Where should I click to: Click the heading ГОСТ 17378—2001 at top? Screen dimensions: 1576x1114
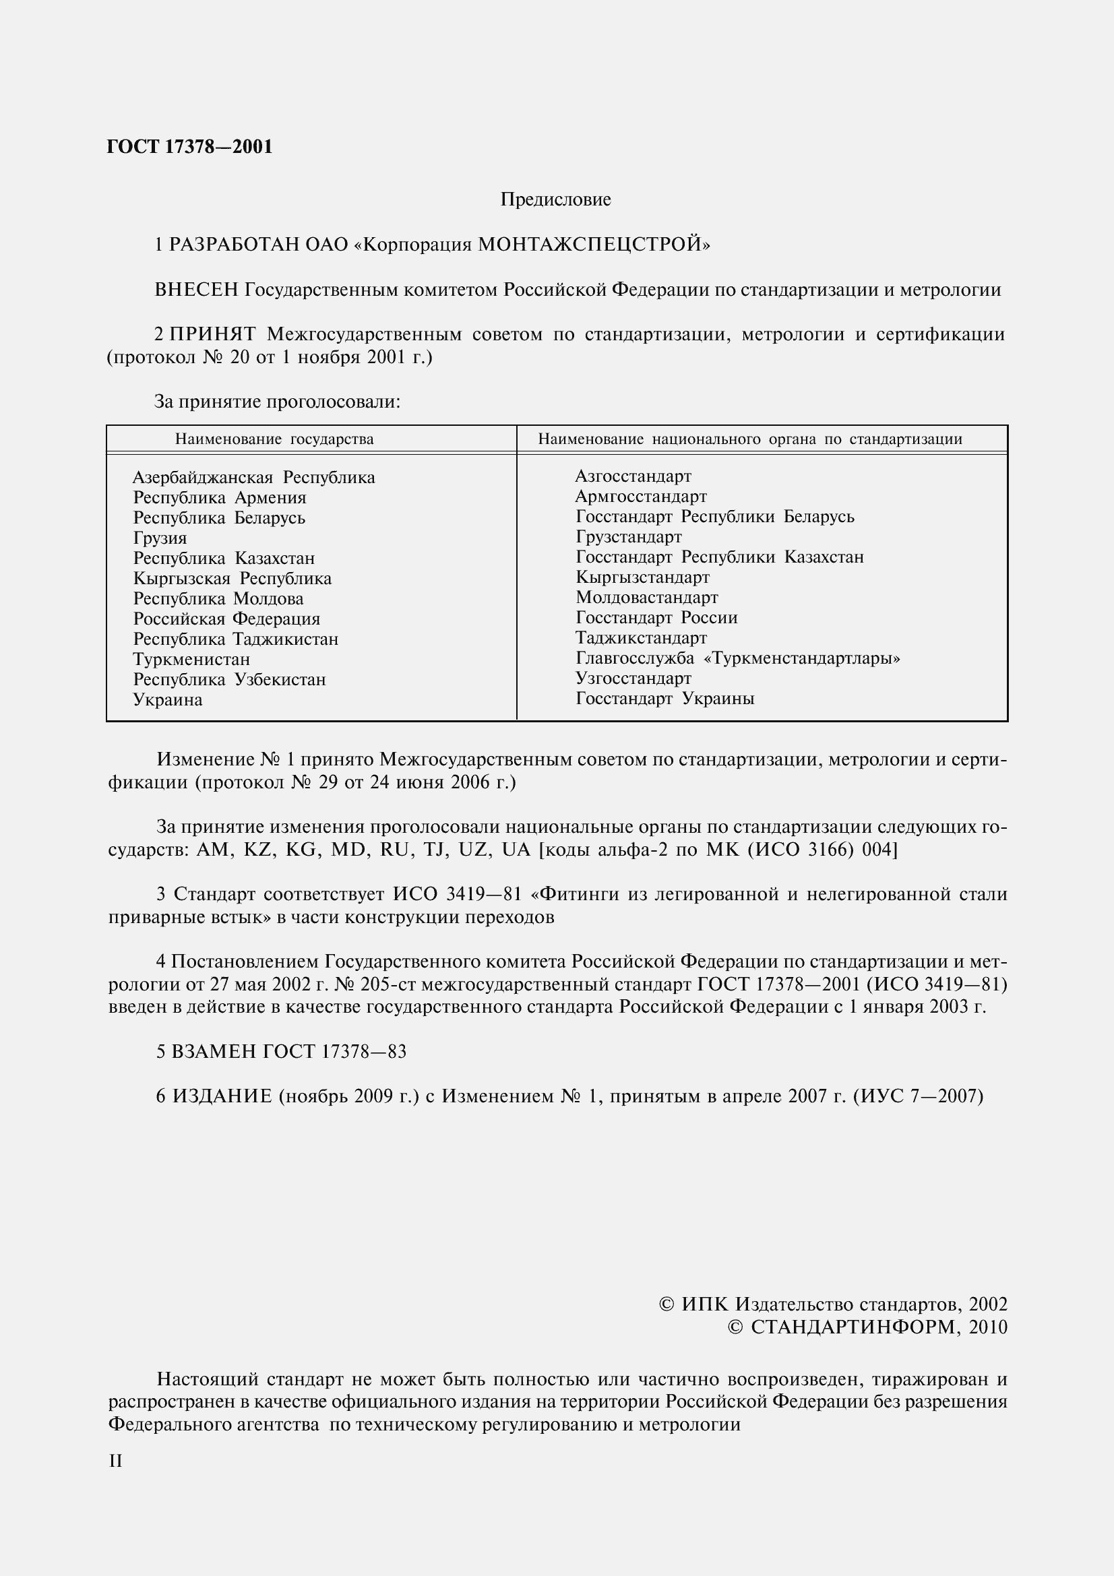point(189,147)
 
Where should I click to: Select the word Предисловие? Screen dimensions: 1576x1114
point(555,199)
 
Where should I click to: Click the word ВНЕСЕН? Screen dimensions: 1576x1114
point(196,290)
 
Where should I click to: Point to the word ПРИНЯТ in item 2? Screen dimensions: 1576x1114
point(213,334)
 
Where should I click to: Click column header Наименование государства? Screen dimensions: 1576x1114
point(274,439)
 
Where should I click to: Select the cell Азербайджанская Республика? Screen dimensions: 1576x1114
point(253,477)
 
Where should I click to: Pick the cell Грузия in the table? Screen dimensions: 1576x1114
point(159,538)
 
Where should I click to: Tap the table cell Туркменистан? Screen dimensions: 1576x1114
point(191,660)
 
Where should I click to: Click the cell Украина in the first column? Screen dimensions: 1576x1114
point(168,700)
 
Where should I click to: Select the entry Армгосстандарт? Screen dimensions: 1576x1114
point(640,497)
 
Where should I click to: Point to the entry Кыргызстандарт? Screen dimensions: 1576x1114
point(642,577)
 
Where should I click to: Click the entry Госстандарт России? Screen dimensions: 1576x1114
point(656,618)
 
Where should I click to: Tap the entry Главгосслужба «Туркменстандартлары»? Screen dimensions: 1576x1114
point(737,658)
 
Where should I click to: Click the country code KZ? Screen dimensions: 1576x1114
point(257,850)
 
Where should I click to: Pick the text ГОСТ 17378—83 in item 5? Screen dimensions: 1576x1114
point(334,1052)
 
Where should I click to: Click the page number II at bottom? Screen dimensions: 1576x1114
point(115,1461)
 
